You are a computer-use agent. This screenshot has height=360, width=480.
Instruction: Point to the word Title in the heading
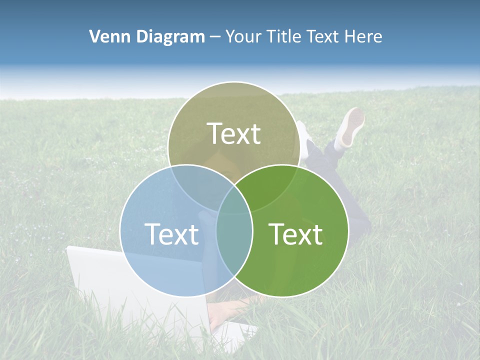(284, 36)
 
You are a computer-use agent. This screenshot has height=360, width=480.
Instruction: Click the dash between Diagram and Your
(214, 37)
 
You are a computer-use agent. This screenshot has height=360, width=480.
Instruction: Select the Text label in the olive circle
(234, 134)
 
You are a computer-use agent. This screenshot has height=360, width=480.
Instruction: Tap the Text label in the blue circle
(171, 234)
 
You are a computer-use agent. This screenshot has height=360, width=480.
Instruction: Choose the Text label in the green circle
(295, 234)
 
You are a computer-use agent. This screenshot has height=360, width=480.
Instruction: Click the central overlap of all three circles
(234, 200)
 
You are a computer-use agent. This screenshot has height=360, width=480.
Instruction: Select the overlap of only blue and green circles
(234, 245)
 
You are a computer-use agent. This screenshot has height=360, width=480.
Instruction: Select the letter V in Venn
(94, 36)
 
